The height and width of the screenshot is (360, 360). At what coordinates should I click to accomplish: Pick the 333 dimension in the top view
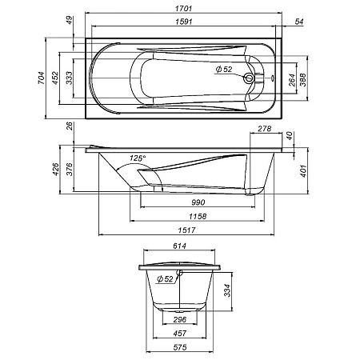(70, 78)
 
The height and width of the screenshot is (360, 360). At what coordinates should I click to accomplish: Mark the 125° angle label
(138, 158)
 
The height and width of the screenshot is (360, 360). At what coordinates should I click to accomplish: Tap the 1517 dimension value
(189, 231)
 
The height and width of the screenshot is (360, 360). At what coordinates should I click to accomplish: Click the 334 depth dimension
(229, 288)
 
